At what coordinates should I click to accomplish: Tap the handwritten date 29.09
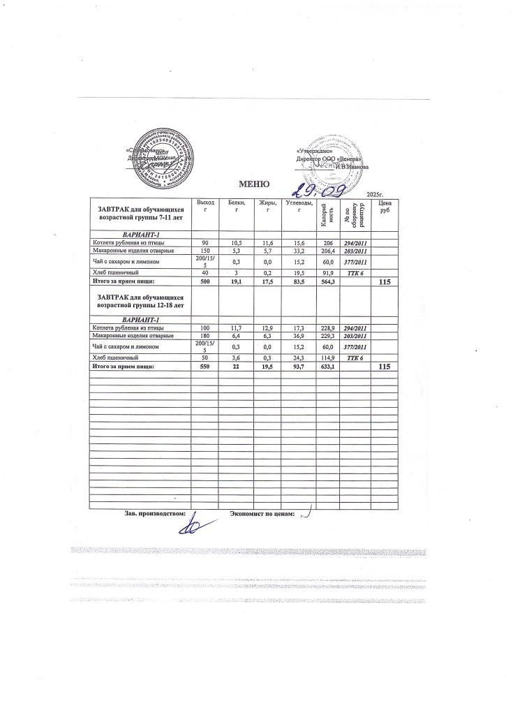tap(315, 187)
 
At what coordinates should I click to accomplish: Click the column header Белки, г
tap(237, 206)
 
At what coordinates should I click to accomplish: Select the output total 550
tap(205, 365)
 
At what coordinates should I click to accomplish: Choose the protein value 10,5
tap(237, 242)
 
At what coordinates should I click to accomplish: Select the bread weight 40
tap(205, 272)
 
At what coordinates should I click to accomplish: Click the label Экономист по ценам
tap(262, 515)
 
